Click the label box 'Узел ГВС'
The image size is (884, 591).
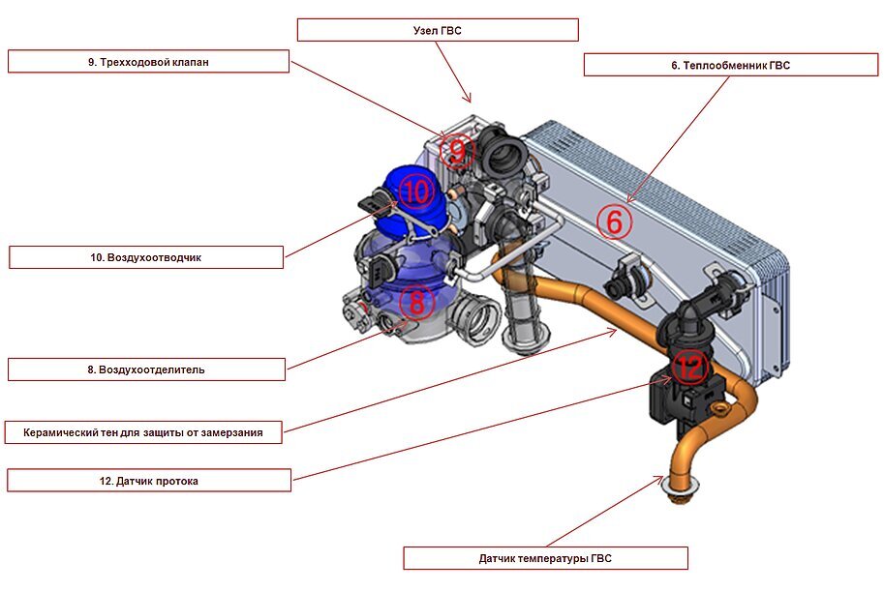pos(438,30)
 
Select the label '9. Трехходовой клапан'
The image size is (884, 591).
pos(148,62)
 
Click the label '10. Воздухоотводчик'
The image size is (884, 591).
pos(146,257)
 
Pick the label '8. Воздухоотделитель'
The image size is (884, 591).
pos(147,369)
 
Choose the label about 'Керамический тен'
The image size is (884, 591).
pos(143,432)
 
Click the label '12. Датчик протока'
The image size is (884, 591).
pos(148,481)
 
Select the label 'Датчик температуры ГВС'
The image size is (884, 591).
pos(545,558)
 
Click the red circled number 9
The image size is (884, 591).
pos(456,150)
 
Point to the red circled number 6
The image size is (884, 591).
pos(614,222)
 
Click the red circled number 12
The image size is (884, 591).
pos(690,366)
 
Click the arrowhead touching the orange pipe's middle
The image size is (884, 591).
pos(613,333)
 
